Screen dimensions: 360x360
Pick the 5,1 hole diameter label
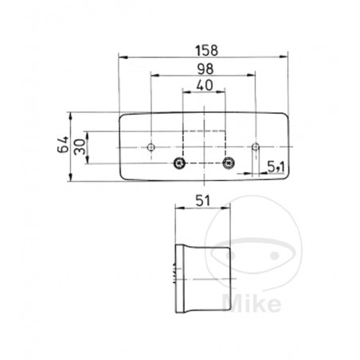click(277, 166)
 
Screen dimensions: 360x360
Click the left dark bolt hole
click(181, 164)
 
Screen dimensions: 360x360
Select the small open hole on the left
click(152, 147)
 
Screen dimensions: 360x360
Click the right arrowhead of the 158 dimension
click(285, 57)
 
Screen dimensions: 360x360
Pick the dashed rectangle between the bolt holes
click(204, 143)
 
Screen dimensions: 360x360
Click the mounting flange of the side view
click(178, 270)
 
